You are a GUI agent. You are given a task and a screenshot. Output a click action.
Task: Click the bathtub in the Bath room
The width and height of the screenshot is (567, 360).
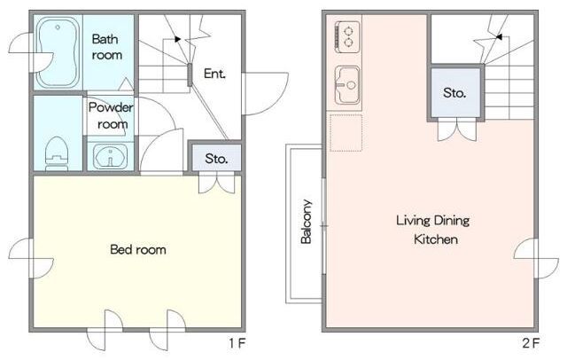(58, 51)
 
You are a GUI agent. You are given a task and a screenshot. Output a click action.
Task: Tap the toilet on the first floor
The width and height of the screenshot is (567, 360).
(57, 153)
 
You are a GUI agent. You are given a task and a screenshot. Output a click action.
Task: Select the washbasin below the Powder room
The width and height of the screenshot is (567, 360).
(110, 157)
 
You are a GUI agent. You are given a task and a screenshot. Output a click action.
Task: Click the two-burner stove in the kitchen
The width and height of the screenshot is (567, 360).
(346, 35)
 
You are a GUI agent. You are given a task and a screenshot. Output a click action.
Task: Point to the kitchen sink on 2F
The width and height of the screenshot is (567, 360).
(347, 84)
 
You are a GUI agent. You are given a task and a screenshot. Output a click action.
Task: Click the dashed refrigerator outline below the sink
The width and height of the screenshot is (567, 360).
(346, 133)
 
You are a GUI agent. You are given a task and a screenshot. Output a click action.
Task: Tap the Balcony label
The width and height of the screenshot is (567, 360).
(307, 222)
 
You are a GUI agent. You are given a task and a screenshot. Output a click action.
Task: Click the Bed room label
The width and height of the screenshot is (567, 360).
(138, 249)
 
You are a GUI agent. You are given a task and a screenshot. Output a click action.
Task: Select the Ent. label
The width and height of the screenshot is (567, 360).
(214, 74)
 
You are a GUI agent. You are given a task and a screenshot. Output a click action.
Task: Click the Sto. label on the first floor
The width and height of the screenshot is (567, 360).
(216, 159)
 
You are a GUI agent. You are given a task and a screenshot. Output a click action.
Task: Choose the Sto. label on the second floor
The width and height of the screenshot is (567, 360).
(454, 93)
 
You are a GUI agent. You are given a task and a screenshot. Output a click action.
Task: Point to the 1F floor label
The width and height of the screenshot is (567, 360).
(237, 343)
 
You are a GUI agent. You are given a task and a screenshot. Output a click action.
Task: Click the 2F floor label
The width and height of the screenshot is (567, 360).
(531, 343)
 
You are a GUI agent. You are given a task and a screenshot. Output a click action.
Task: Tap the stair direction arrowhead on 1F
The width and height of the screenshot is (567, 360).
(177, 39)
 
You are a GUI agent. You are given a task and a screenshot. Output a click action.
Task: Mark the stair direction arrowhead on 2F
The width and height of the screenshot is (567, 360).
(499, 37)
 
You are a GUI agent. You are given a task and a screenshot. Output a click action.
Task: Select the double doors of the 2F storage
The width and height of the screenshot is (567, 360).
(457, 130)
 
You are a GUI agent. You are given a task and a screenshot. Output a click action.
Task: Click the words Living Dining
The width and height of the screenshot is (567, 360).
(433, 220)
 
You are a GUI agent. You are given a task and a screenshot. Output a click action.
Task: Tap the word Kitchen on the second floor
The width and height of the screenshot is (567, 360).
(436, 239)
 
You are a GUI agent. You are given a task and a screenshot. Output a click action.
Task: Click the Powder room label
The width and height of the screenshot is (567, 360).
(111, 116)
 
